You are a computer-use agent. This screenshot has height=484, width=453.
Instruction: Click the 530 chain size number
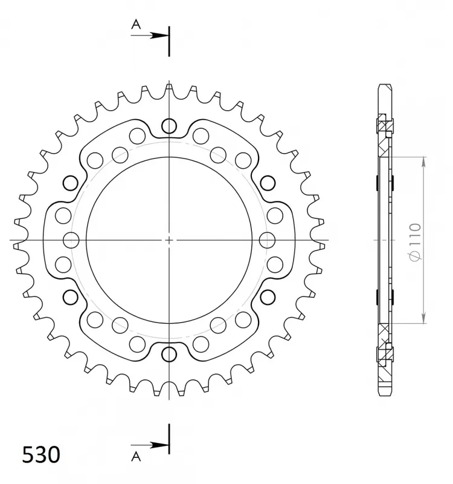[41, 455]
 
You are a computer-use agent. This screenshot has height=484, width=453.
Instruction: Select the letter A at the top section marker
[136, 24]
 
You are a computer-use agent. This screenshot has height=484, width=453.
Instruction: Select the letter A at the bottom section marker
[136, 456]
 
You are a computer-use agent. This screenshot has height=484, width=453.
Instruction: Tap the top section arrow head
[159, 36]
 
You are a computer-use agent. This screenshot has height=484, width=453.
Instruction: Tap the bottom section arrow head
[159, 445]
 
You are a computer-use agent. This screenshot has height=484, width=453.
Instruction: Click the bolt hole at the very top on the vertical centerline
[169, 126]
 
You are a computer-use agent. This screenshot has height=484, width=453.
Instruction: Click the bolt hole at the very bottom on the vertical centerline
[169, 354]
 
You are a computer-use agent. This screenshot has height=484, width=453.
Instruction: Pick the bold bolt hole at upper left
[70, 183]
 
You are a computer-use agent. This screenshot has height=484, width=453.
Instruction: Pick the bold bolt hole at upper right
[268, 183]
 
